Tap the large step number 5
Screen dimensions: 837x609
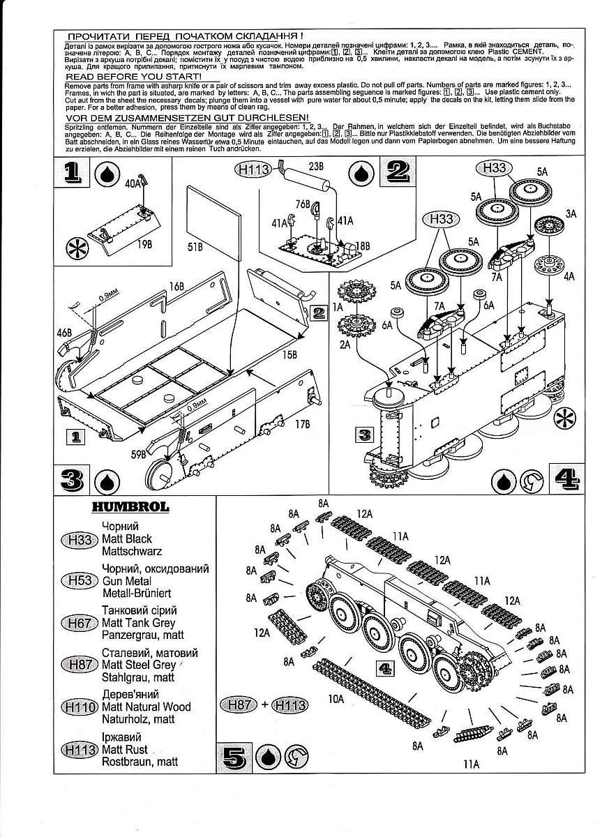pos(236,757)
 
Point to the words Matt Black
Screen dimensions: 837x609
pos(127,539)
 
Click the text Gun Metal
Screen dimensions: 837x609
pos(126,580)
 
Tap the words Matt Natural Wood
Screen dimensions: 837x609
pos(146,707)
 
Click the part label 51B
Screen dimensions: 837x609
pos(195,247)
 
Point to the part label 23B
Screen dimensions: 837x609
pos(317,167)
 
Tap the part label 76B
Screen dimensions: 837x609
pos(301,204)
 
